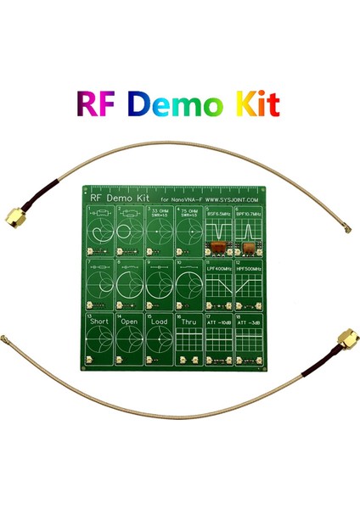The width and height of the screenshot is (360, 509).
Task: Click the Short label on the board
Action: pyautogui.click(x=101, y=322)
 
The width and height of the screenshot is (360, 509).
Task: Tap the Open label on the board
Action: pyautogui.click(x=131, y=322)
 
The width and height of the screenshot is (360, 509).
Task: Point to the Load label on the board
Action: pyautogui.click(x=160, y=322)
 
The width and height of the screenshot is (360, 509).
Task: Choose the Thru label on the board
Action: pyautogui.click(x=189, y=322)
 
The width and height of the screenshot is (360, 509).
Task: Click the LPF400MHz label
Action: pyautogui.click(x=220, y=269)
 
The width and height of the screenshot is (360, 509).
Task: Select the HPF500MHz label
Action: pyautogui.click(x=250, y=269)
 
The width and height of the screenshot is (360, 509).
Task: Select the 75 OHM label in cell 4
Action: pyautogui.click(x=191, y=209)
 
